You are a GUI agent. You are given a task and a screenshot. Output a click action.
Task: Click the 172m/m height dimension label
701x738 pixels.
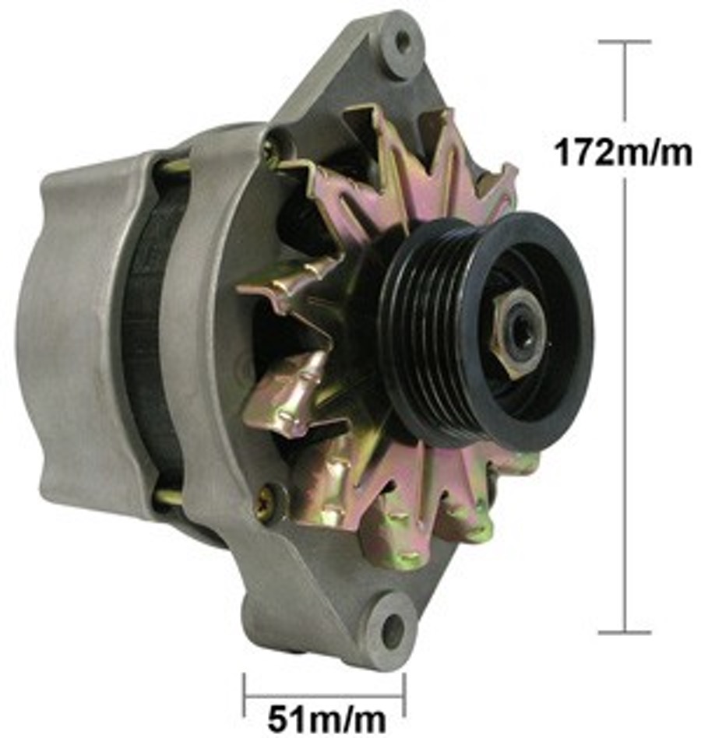(622, 153)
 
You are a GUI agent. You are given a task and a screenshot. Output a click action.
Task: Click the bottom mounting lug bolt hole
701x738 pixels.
(393, 629)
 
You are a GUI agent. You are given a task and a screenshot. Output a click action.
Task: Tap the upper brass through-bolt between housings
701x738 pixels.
(175, 165)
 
